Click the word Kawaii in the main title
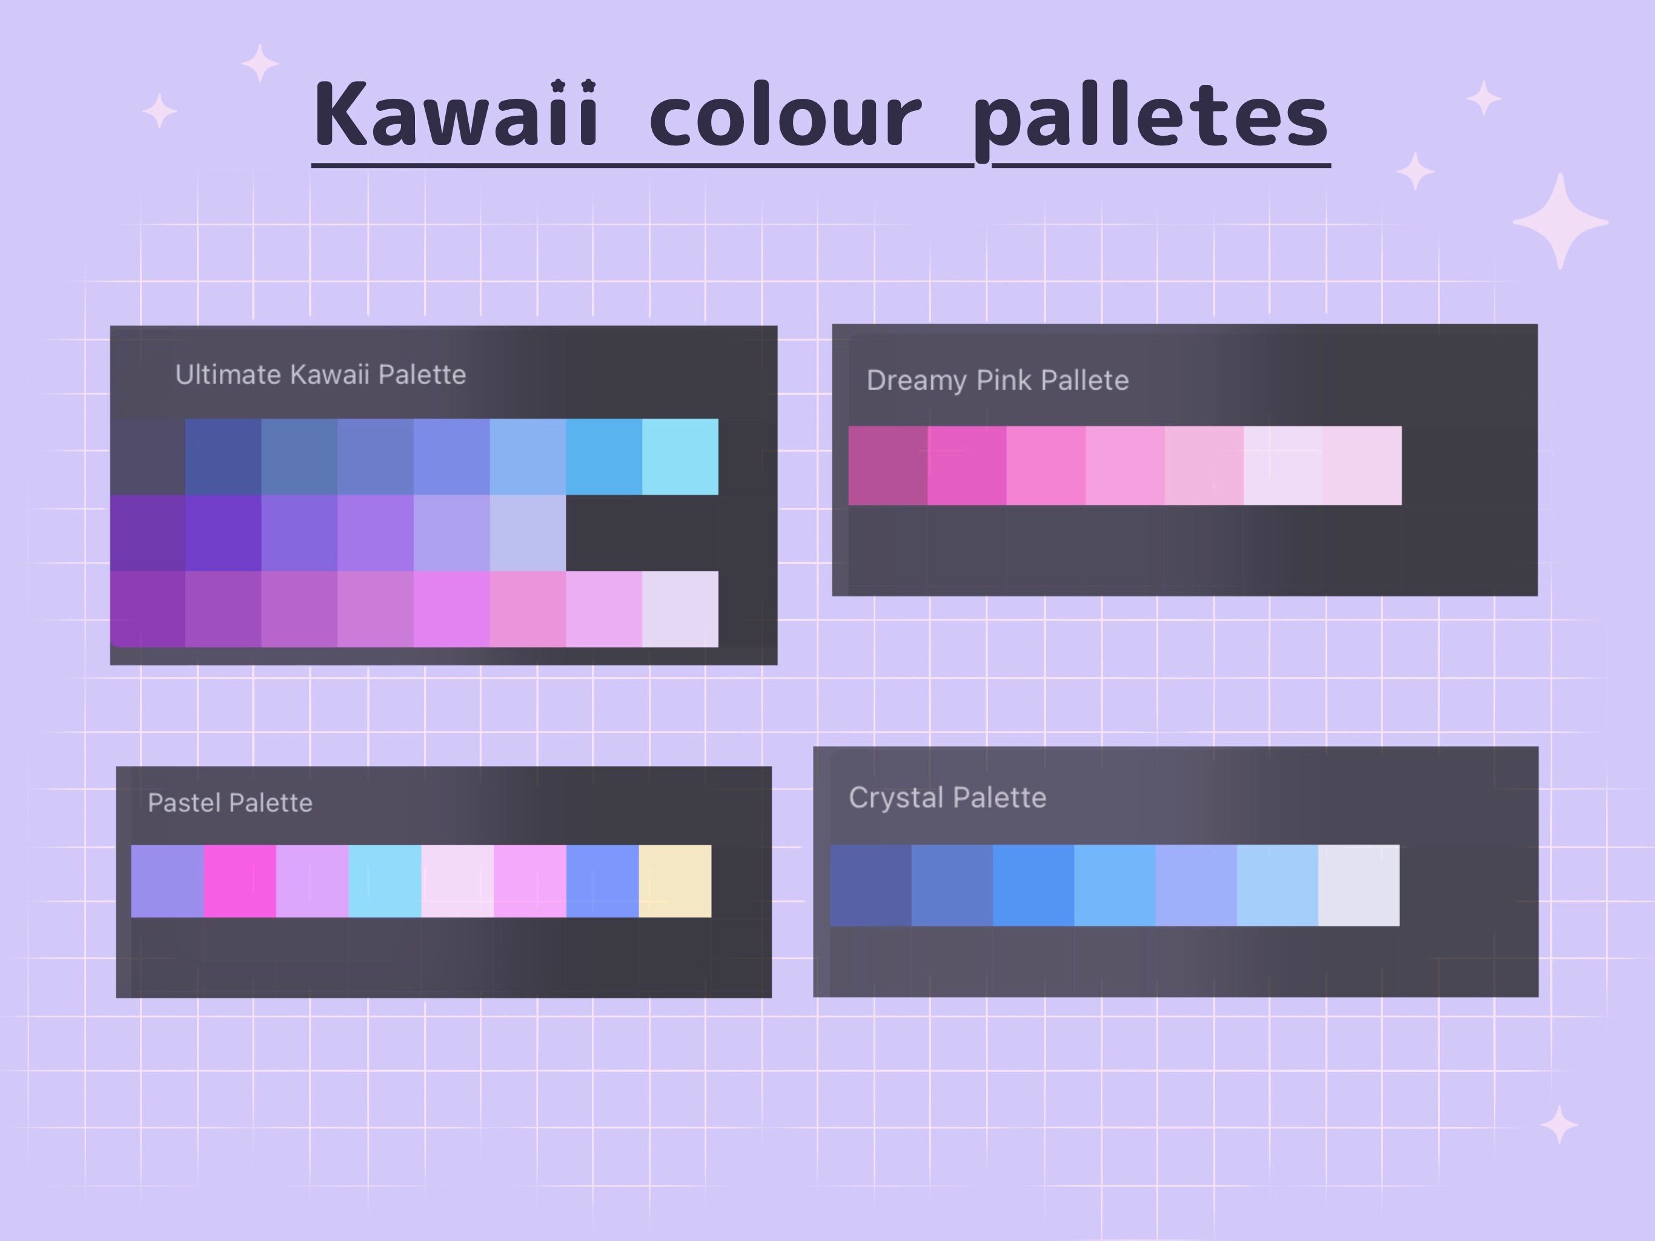[x=456, y=116]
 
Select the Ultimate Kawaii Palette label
[x=320, y=374]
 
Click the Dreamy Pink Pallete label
[x=997, y=380]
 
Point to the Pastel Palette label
[x=230, y=802]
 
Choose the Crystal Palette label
[x=947, y=797]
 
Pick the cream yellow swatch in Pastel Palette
[x=675, y=881]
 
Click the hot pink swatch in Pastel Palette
[x=239, y=881]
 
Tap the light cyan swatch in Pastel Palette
[x=385, y=881]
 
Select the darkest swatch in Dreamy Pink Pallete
[x=888, y=465]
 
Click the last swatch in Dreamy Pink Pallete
[x=1362, y=465]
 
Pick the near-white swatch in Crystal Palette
[x=1358, y=885]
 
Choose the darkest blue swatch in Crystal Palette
[x=871, y=885]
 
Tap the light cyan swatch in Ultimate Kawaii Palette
[x=679, y=456]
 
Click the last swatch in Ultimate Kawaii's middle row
[x=528, y=532]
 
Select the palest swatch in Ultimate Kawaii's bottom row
[x=679, y=608]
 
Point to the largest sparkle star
[x=1560, y=222]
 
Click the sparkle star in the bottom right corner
[x=1559, y=1124]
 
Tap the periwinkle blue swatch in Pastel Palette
[x=602, y=881]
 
